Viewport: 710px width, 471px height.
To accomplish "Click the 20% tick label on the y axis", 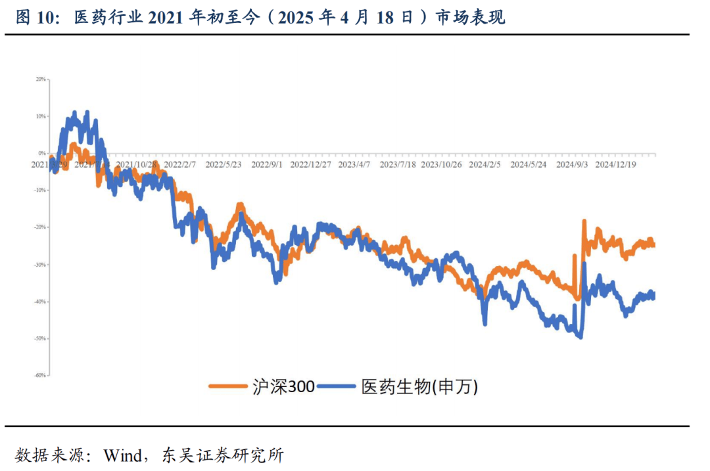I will (41, 79).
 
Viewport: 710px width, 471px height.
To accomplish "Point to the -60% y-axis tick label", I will (40, 376).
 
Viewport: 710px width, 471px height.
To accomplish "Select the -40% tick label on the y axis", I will (40, 302).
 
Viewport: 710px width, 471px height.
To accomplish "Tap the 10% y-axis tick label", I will (41, 116).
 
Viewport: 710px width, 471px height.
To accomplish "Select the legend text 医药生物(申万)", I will (419, 386).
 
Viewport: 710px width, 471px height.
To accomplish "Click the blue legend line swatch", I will (337, 386).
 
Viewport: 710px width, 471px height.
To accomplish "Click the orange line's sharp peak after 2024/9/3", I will (583, 222).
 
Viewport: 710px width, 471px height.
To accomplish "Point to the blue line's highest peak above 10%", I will (74, 112).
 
